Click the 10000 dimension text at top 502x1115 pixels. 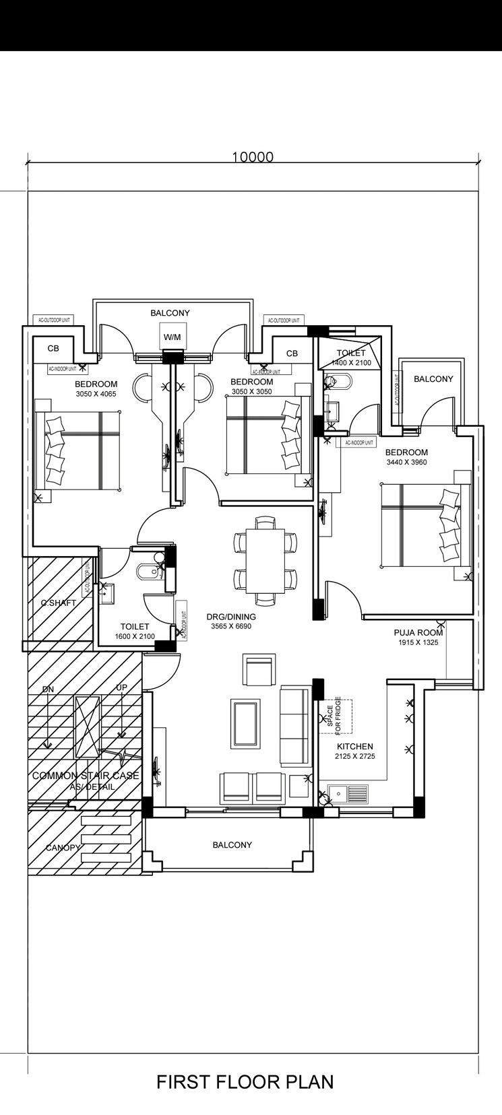click(x=253, y=158)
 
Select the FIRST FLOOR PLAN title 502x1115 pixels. click(x=245, y=1081)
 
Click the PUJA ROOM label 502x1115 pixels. click(x=418, y=632)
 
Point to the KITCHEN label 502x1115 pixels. click(x=355, y=746)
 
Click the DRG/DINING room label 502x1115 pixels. click(x=231, y=616)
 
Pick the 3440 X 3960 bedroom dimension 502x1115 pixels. click(x=406, y=463)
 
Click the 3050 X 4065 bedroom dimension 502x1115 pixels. click(x=96, y=394)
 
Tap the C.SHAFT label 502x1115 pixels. click(x=59, y=603)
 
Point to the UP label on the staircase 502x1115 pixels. click(x=121, y=687)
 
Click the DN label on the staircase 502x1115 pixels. click(x=48, y=689)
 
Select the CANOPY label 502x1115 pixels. click(x=63, y=848)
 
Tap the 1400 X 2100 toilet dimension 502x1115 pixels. click(x=351, y=363)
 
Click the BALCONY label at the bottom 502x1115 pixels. click(x=232, y=844)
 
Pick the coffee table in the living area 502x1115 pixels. click(x=245, y=724)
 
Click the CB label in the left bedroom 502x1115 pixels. click(x=53, y=349)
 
